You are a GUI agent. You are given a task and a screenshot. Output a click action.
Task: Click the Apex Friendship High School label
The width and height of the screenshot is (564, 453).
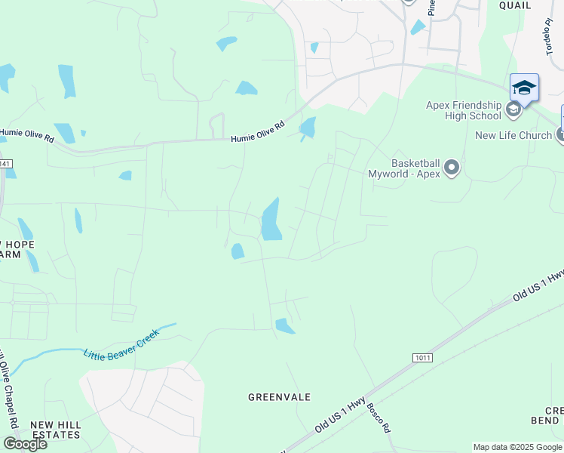coord(463,110)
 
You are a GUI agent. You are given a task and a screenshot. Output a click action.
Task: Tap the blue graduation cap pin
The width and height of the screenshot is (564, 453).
coord(524,89)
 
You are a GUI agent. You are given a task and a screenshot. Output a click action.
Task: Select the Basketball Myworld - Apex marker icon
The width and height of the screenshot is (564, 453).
coord(452,168)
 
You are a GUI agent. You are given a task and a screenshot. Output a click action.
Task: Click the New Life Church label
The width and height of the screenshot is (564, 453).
coord(513,135)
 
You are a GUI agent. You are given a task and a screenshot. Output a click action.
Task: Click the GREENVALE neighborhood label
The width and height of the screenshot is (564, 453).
coord(279,397)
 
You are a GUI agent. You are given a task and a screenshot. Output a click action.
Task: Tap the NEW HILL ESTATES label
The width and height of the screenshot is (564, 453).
coord(55,430)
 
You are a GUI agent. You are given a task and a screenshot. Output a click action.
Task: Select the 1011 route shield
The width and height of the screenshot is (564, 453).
coord(423,357)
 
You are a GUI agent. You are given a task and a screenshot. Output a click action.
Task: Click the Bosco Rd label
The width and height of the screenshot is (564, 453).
coord(379,417)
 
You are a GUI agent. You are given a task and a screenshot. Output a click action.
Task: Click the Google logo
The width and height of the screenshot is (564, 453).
coord(25,444)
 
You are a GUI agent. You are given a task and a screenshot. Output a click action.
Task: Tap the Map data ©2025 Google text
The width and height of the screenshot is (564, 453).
coord(517,447)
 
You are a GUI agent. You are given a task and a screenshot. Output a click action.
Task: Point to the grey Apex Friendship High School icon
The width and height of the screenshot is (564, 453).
coord(513,110)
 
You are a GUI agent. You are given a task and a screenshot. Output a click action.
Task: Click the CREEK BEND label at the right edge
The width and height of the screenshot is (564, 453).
coord(553,415)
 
